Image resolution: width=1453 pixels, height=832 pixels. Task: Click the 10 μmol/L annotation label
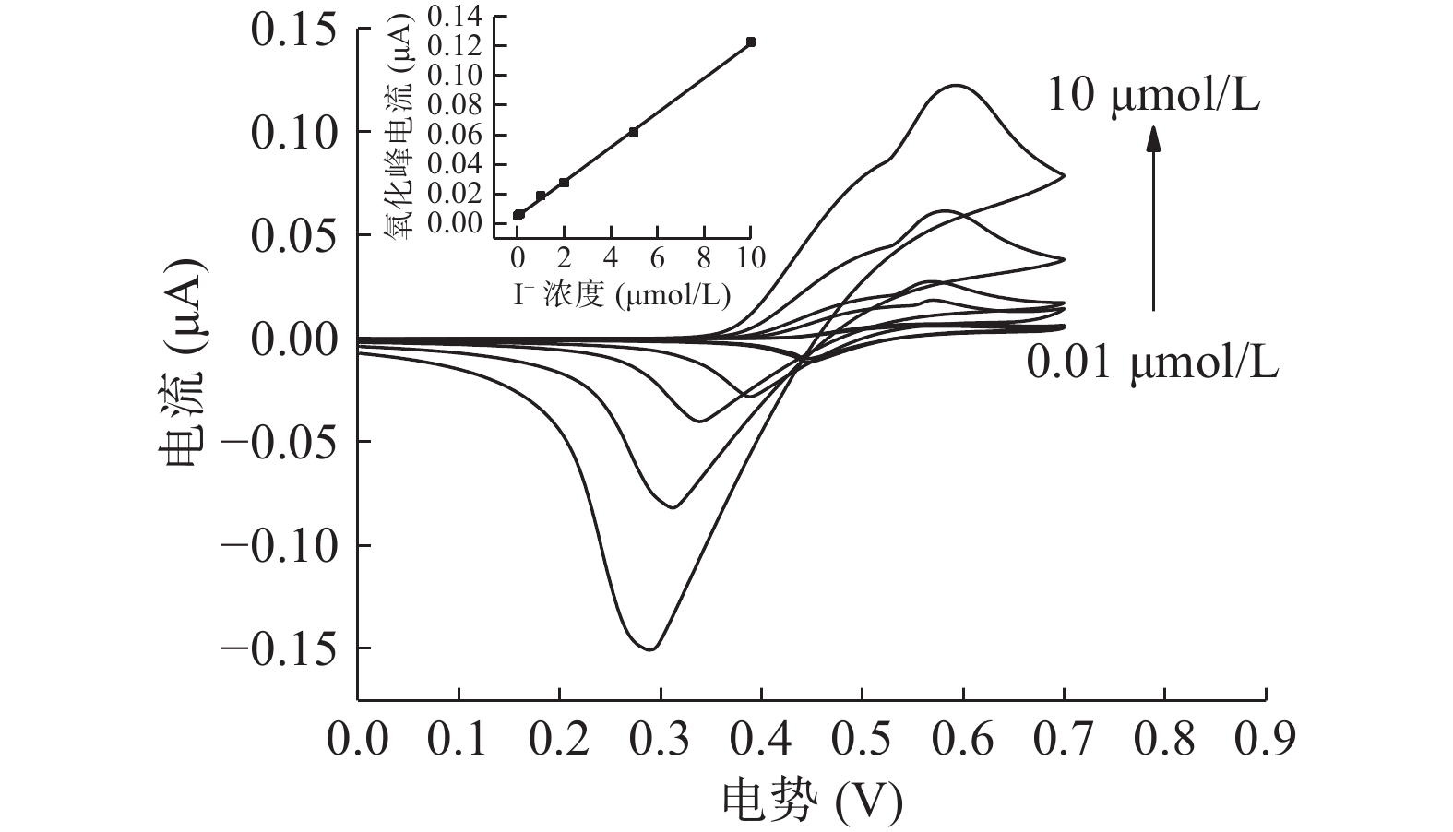pyautogui.click(x=1153, y=95)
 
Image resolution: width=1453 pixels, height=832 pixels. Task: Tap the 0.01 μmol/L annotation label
pyautogui.click(x=1153, y=363)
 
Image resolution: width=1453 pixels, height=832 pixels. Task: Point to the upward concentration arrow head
pyautogui.click(x=1153, y=139)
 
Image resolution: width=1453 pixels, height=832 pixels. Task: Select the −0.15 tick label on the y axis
pyautogui.click(x=280, y=648)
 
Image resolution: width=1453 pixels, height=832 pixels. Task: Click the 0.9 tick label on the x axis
pyautogui.click(x=1266, y=739)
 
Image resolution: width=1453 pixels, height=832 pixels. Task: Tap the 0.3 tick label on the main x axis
pyautogui.click(x=661, y=739)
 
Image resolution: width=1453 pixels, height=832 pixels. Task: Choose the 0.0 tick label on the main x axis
pyautogui.click(x=358, y=739)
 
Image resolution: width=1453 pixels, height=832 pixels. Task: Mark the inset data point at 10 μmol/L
pyautogui.click(x=751, y=42)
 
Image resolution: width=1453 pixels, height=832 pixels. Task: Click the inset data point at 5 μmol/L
pyautogui.click(x=634, y=132)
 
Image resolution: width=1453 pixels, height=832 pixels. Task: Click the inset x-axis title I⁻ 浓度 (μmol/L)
pyautogui.click(x=622, y=294)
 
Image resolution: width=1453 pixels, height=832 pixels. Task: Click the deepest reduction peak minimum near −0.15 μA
pyautogui.click(x=651, y=649)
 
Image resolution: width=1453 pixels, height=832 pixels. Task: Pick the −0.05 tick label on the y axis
pyautogui.click(x=280, y=442)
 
